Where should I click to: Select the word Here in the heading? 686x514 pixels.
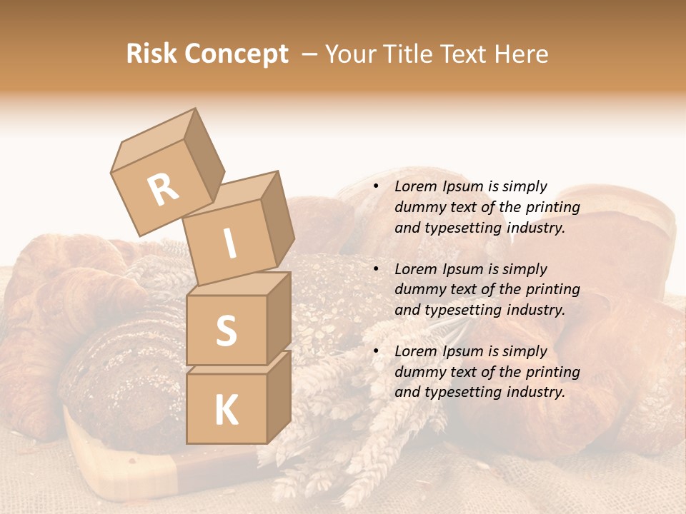pyautogui.click(x=520, y=54)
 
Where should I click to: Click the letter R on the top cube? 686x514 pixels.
pyautogui.click(x=164, y=188)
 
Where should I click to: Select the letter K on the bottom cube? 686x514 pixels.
pyautogui.click(x=226, y=410)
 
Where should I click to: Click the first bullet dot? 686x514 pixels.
pyautogui.click(x=376, y=187)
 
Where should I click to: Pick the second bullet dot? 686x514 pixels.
pyautogui.click(x=376, y=269)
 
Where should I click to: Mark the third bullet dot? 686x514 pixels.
pyautogui.click(x=376, y=351)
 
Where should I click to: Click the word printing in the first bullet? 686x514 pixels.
pyautogui.click(x=552, y=208)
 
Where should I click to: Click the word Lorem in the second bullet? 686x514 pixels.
pyautogui.click(x=416, y=269)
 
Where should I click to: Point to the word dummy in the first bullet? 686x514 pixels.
pyautogui.click(x=419, y=208)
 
